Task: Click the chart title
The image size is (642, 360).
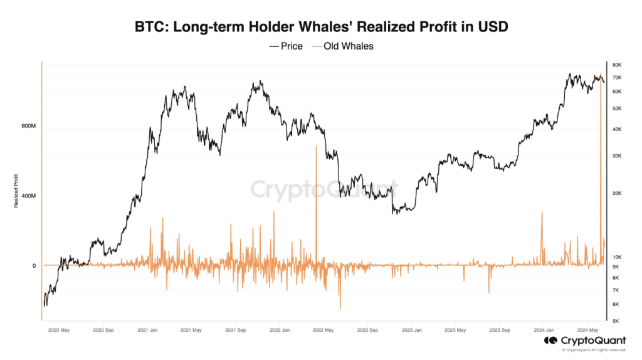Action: click(321, 28)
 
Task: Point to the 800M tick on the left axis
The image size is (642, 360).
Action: click(29, 126)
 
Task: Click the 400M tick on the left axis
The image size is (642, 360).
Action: click(29, 196)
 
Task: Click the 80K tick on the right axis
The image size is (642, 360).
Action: click(616, 65)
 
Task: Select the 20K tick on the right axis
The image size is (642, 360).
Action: click(616, 194)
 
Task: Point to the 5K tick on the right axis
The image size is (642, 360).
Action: click(616, 320)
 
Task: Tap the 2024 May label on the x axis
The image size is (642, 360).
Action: click(589, 329)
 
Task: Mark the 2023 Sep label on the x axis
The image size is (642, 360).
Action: click(500, 329)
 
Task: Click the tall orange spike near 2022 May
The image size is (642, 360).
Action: click(316, 188)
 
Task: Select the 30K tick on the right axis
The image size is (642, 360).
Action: click(616, 156)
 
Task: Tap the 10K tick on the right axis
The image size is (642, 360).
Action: click(616, 257)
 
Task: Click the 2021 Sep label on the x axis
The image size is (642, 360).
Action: click(234, 329)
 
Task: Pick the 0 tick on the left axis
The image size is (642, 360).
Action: click(34, 265)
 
